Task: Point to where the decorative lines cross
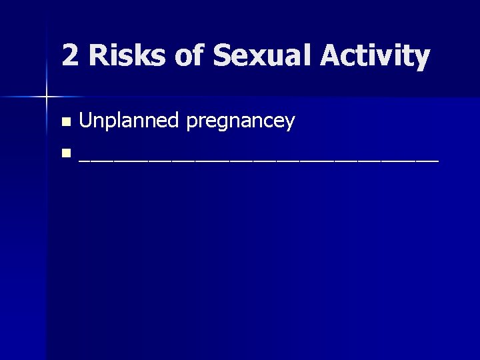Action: point(47,97)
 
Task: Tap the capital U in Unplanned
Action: point(85,121)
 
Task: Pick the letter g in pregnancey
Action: point(223,124)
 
